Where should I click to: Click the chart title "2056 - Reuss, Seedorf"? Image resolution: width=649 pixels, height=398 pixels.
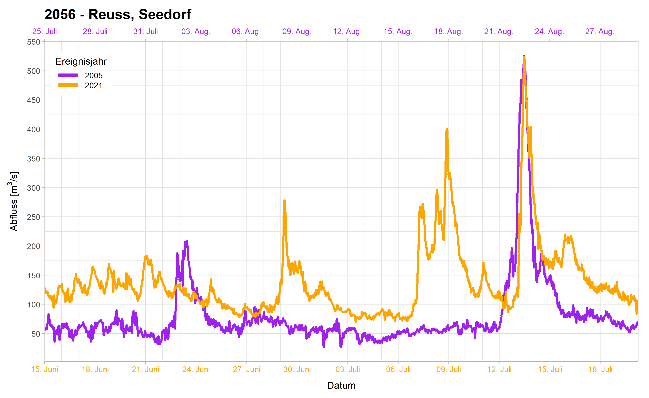(x=118, y=14)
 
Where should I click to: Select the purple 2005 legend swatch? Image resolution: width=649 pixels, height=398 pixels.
(x=67, y=76)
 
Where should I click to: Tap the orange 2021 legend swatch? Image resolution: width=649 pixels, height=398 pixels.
(x=67, y=85)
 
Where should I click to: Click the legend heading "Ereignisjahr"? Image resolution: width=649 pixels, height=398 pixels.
(x=81, y=61)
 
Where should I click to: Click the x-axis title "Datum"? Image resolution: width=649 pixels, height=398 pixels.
(x=341, y=385)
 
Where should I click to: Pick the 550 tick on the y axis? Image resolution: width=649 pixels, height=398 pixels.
(x=34, y=42)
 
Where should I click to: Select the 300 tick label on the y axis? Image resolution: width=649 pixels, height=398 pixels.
(x=34, y=188)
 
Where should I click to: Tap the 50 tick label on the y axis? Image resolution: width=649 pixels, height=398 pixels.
(x=36, y=334)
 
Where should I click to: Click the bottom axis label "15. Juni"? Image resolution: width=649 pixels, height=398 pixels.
(x=44, y=369)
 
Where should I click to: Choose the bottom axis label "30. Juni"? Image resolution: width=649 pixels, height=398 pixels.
(x=297, y=369)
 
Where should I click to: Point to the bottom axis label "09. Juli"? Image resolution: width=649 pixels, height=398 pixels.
(x=448, y=369)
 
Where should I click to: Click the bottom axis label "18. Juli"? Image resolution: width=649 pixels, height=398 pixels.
(x=600, y=369)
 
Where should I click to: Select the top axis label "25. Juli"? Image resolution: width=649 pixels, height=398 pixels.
(x=44, y=32)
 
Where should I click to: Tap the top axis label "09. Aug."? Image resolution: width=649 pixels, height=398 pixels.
(x=297, y=32)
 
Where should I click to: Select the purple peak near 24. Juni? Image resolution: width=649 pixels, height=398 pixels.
(x=187, y=241)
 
